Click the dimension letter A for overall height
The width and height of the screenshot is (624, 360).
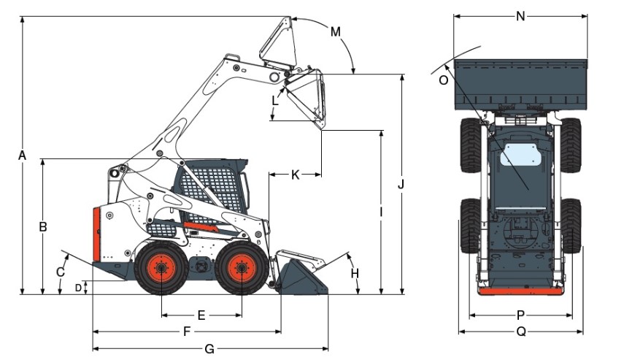tap(23, 156)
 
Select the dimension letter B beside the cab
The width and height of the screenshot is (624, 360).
tap(43, 226)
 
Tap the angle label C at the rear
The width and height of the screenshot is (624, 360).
tap(61, 272)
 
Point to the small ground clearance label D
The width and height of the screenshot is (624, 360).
tap(78, 287)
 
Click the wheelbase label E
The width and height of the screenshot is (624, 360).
tap(201, 315)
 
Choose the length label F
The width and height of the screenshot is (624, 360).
tap(187, 332)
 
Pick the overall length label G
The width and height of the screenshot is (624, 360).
tap(209, 349)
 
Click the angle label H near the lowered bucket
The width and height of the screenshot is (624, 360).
tap(355, 274)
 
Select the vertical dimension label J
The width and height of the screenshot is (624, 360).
tap(401, 184)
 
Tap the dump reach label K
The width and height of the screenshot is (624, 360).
tap(295, 175)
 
